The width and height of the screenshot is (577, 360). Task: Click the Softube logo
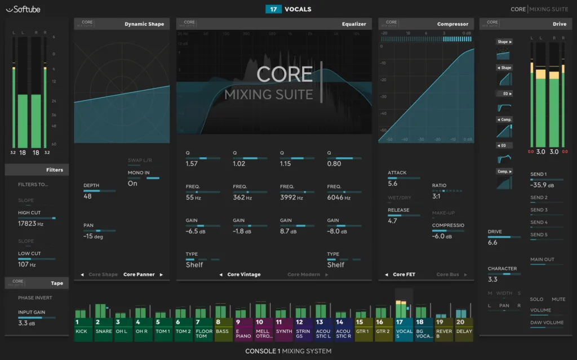coord(23,9)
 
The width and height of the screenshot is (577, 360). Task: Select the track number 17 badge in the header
coord(273,9)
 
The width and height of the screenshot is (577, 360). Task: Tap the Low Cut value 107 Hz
coord(27,264)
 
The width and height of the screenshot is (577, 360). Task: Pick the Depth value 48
coord(87,196)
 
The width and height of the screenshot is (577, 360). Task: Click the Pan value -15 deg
coord(93,237)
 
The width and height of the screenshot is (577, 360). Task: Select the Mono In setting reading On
coord(132,183)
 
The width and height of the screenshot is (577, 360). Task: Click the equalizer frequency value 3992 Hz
coord(292,198)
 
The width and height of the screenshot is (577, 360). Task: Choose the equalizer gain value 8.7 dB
coord(288,231)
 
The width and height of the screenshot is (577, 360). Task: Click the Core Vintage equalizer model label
coord(243,274)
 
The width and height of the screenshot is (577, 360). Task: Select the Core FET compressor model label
coord(404,274)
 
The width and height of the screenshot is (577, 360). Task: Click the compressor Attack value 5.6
coord(393,184)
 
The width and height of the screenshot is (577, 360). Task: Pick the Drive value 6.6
coord(492,242)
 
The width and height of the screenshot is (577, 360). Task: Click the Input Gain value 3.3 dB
coord(27,323)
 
